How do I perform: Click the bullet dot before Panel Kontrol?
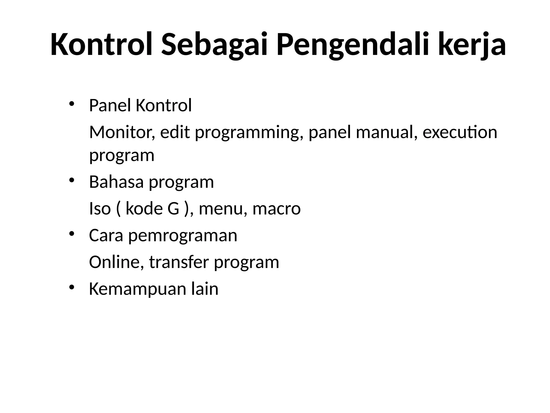[x=71, y=104]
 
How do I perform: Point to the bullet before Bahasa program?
[x=71, y=180]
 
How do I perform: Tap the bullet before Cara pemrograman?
[x=71, y=234]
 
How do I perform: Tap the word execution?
[x=460, y=132]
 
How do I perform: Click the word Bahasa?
[x=116, y=182]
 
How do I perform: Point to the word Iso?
[x=100, y=209]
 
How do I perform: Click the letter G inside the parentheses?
[x=173, y=209]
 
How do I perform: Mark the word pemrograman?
[x=183, y=236]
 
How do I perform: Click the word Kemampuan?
[x=137, y=289]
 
